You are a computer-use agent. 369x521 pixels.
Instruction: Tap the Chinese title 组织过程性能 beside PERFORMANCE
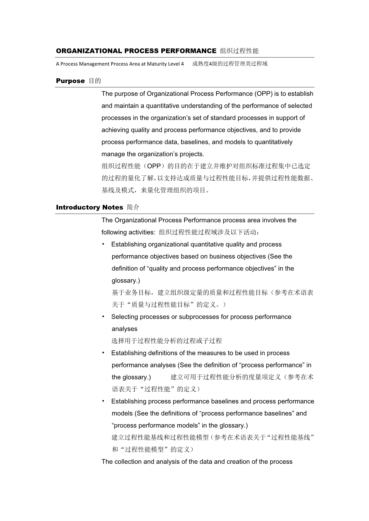239,51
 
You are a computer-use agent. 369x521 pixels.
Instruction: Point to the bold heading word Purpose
70,81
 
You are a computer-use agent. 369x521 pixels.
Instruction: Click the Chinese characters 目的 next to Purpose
95,81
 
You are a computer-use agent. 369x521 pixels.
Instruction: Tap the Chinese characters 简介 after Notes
133,207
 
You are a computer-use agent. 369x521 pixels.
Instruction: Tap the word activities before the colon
142,232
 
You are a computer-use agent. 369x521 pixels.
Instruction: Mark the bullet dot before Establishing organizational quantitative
103,244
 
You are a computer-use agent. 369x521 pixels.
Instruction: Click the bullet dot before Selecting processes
103,317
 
